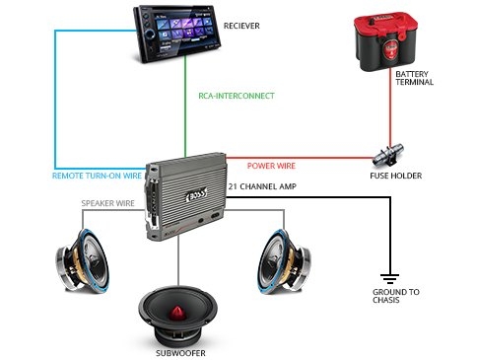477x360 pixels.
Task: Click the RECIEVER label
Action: [x=241, y=26]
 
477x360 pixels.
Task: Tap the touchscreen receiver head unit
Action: [x=176, y=34]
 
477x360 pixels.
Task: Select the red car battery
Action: [x=385, y=41]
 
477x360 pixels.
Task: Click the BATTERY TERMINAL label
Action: [x=414, y=78]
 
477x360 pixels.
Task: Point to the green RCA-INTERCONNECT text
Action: [x=237, y=96]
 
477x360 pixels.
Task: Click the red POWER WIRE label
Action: [x=271, y=166]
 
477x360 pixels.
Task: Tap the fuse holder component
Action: [x=388, y=155]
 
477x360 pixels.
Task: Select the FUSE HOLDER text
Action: [x=396, y=176]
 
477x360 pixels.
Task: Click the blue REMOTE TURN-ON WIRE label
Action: [x=97, y=176]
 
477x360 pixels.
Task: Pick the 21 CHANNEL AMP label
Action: [x=262, y=186]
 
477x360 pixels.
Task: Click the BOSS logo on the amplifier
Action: [x=197, y=194]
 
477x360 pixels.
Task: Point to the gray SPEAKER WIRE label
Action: [x=108, y=203]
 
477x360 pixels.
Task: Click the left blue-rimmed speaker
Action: [x=82, y=260]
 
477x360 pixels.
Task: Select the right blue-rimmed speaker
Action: [x=284, y=261]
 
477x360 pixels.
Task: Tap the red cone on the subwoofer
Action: [x=177, y=313]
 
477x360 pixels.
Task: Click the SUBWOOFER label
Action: [x=180, y=353]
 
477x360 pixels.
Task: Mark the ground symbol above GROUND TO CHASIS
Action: [x=389, y=279]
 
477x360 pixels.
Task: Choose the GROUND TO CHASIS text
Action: [x=396, y=296]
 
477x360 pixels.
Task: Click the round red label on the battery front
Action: [x=389, y=50]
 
